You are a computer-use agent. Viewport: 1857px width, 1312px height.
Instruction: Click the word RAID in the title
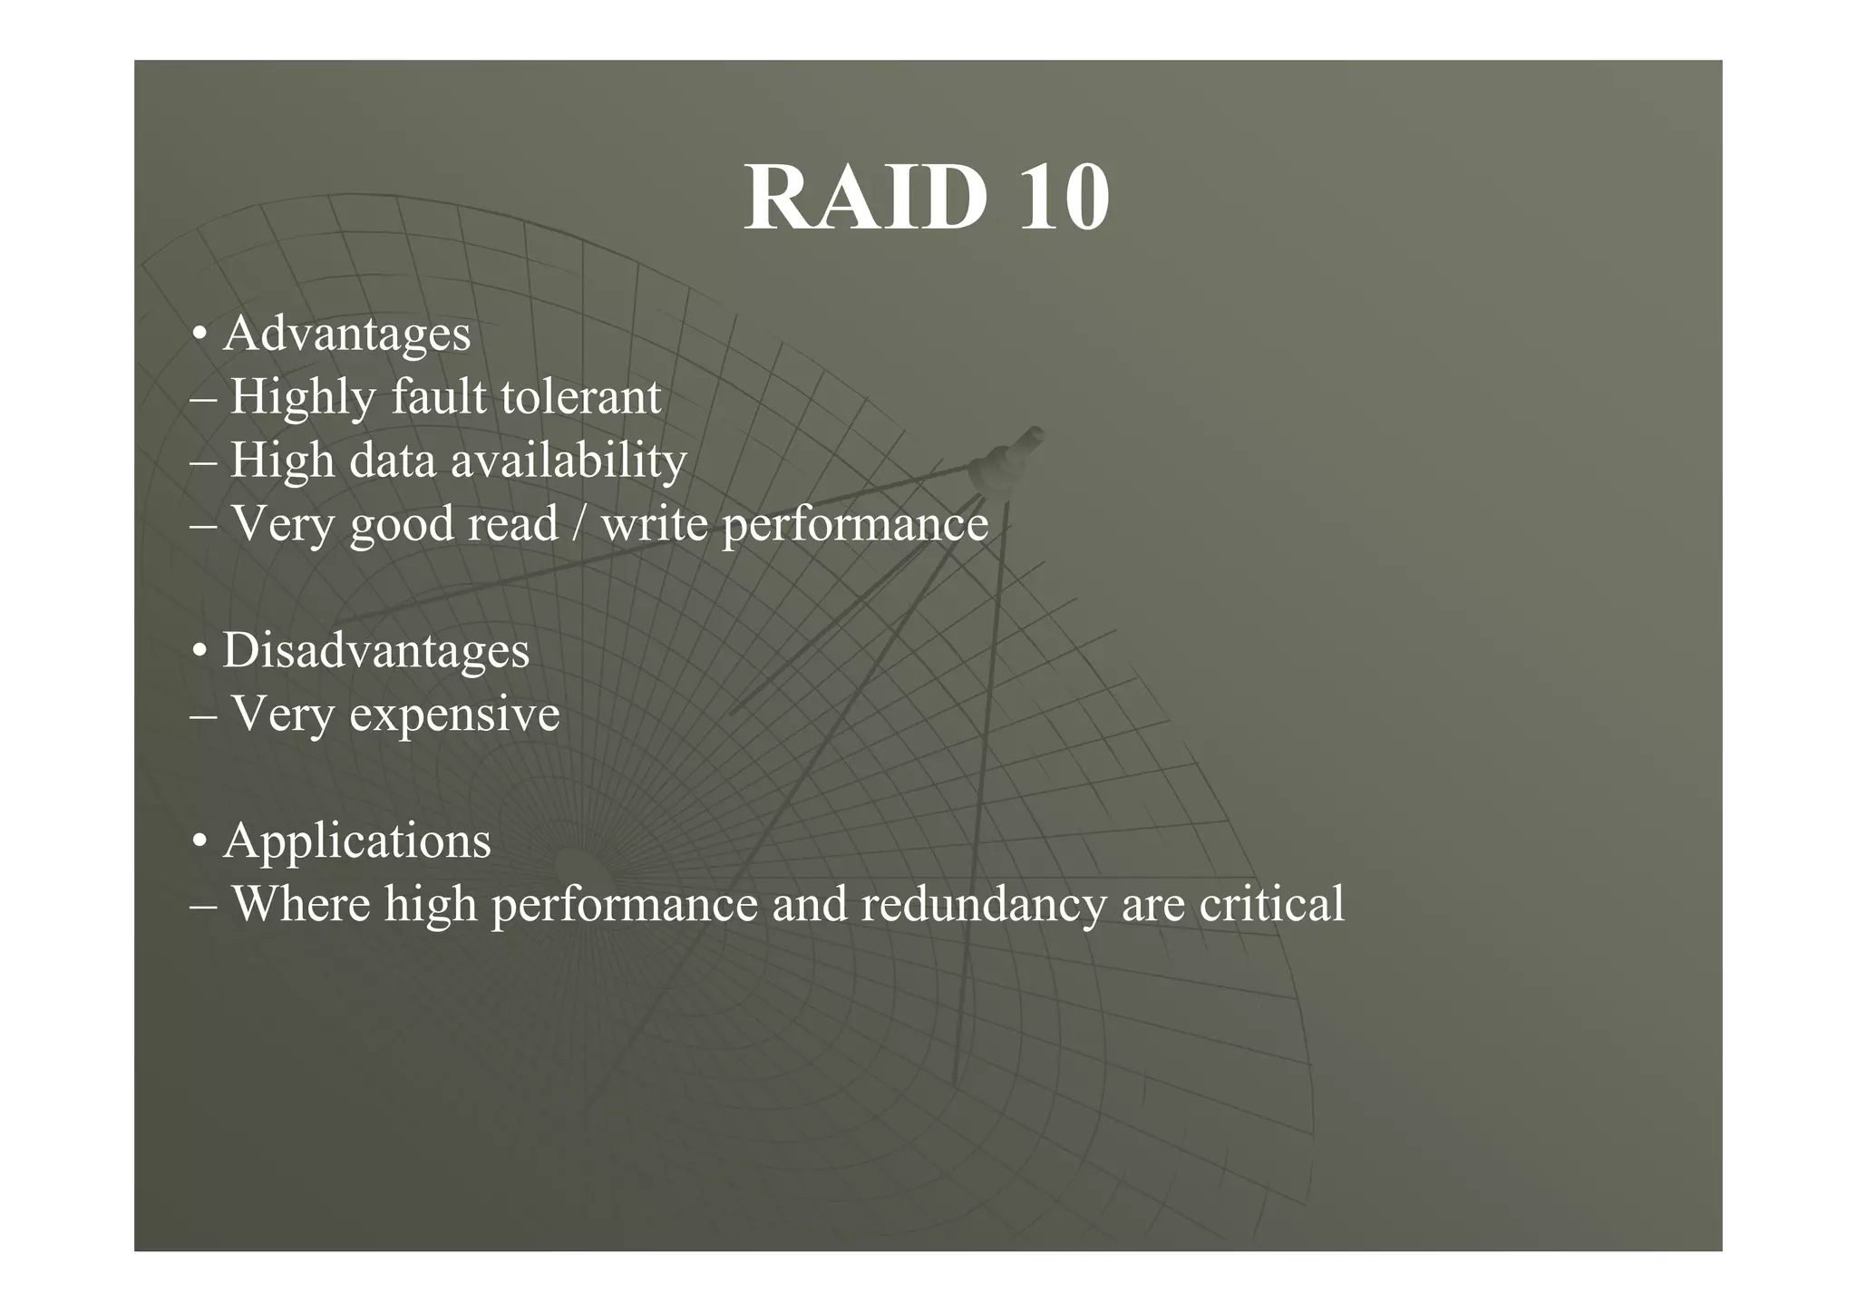865,198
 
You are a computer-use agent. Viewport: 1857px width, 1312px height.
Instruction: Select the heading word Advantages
346,334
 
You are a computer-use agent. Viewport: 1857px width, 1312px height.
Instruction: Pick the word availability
569,461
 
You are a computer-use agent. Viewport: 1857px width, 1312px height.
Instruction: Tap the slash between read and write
578,524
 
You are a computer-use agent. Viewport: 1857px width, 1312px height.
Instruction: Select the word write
654,524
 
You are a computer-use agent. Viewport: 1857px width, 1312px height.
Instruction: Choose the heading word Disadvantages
375,651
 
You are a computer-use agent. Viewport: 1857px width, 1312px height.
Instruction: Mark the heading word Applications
356,841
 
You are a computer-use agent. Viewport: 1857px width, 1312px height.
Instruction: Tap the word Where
301,904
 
